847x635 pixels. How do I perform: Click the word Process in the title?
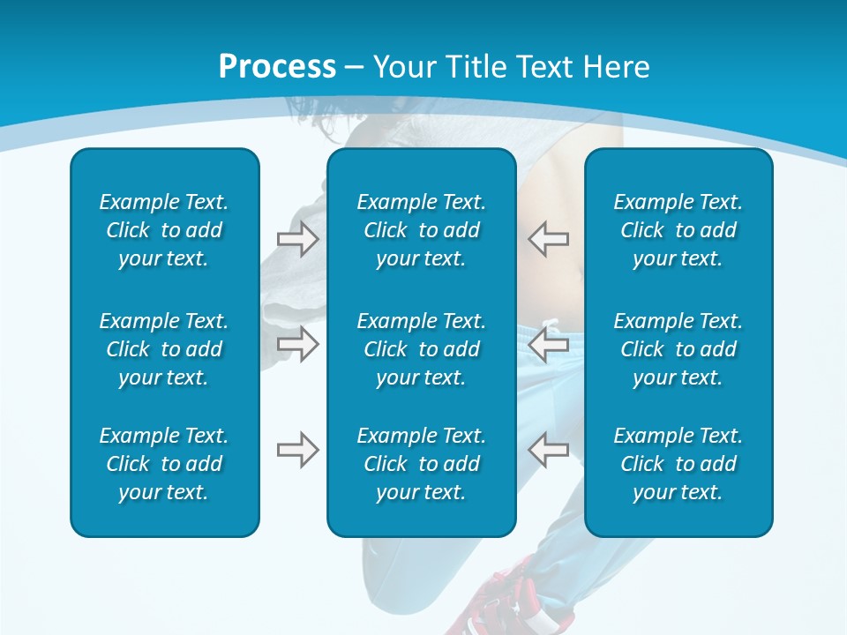coord(277,67)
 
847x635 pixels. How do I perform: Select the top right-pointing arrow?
coord(297,239)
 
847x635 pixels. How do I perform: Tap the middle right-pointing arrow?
coord(297,344)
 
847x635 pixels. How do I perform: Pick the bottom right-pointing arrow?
coord(297,450)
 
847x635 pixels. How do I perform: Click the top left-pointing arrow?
coord(549,239)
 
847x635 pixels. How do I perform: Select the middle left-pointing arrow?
coord(549,344)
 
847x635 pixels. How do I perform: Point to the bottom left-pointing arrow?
coord(549,450)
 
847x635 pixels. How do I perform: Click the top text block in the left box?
coord(164,230)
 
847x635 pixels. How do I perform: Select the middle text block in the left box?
coord(164,349)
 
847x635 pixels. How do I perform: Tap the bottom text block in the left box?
coord(164,464)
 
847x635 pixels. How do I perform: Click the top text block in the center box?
coord(421,230)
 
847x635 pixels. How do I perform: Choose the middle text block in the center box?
coord(421,349)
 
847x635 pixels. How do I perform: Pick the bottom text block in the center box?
coord(421,464)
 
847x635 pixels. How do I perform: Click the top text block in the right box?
coord(678,230)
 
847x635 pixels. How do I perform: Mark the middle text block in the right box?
coord(678,349)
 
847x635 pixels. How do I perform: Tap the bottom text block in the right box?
coord(678,464)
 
